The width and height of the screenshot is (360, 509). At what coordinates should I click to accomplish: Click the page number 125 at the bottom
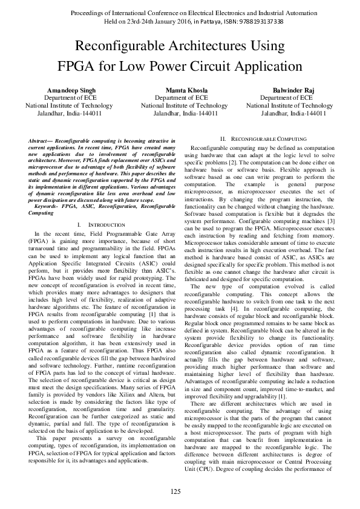[x=175, y=491]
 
